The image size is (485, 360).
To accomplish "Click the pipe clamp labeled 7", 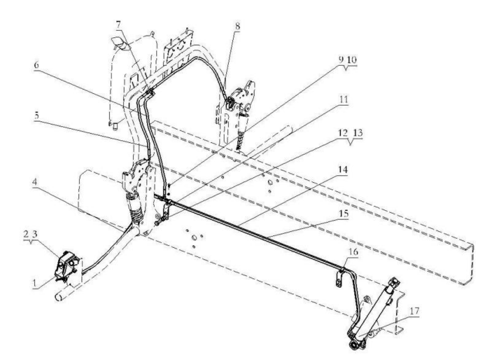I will pyautogui.click(x=150, y=93).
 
